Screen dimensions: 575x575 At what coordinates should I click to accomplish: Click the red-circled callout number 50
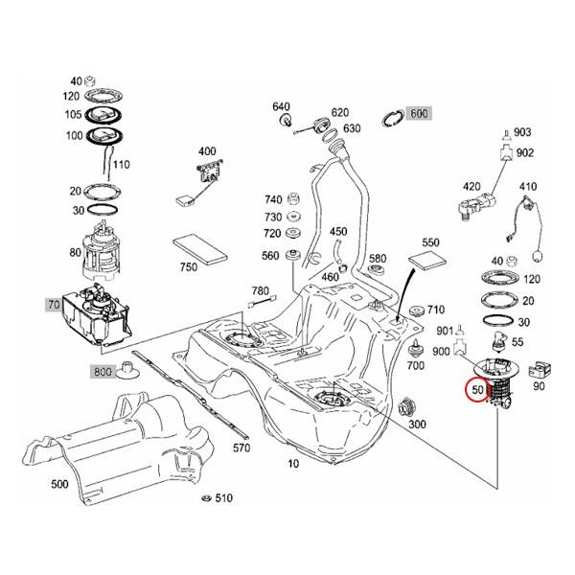[x=476, y=391]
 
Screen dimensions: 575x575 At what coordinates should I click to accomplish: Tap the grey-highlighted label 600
[x=419, y=113]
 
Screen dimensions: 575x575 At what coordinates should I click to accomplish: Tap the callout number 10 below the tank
[x=293, y=464]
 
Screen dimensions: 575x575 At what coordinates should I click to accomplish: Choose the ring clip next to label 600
[x=392, y=117]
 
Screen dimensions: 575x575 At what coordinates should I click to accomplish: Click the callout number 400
[x=207, y=151]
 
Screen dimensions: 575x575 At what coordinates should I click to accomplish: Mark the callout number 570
[x=241, y=448]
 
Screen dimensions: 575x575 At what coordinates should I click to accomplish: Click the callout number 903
[x=522, y=131]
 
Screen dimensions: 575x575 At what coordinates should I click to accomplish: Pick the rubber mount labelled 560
[x=294, y=256]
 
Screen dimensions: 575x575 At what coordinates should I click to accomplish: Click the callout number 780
[x=260, y=289]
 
